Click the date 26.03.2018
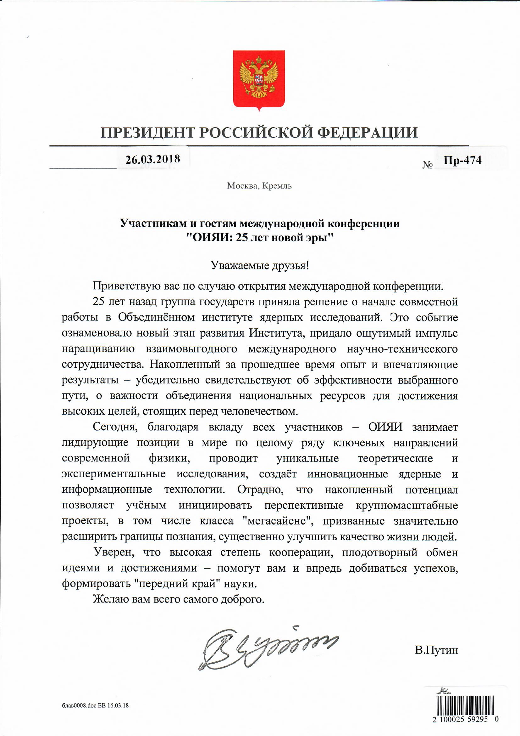point(152,159)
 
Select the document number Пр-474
point(462,160)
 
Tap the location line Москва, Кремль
point(259,186)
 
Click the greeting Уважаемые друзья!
point(260,265)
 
